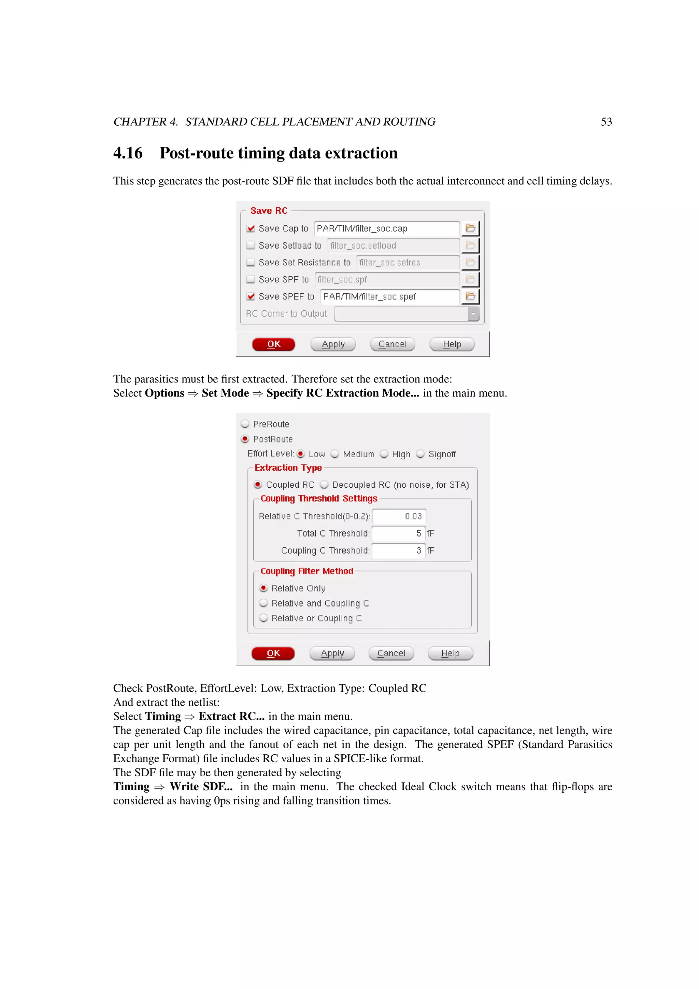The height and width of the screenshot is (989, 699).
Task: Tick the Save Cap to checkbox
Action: coord(251,228)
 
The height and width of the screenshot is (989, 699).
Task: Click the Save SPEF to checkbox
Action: coord(251,296)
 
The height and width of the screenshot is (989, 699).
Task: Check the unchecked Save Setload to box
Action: coord(251,245)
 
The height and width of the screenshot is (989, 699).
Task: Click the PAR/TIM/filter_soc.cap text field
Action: coord(386,228)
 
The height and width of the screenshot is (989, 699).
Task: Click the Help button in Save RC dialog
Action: coord(452,344)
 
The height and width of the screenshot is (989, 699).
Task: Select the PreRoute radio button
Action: coord(245,424)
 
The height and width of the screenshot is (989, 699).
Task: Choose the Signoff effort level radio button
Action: coord(420,454)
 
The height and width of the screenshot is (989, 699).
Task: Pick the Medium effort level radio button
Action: coord(335,454)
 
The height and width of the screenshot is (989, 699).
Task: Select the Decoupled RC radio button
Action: coord(324,485)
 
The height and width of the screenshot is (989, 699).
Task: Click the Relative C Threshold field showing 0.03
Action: coord(399,516)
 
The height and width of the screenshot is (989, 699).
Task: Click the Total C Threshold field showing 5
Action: coord(398,533)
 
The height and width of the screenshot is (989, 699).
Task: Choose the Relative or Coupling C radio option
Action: coord(263,618)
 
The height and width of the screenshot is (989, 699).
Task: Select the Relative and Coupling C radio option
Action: coord(263,603)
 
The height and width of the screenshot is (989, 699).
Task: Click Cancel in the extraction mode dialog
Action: coord(391,653)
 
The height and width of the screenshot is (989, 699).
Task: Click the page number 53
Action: coord(606,122)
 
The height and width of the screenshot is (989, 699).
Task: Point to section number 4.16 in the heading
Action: coord(128,153)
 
